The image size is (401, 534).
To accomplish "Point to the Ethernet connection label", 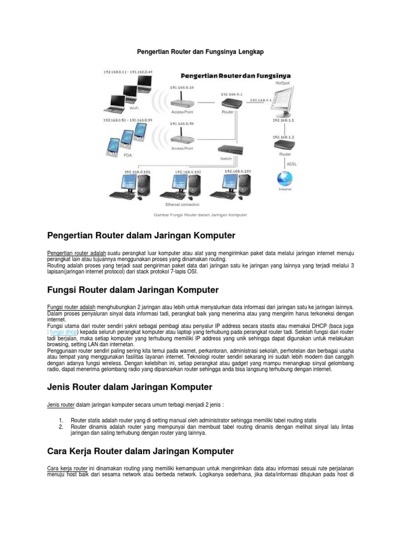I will [x=179, y=204].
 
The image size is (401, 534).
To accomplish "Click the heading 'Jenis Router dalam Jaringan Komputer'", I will [x=129, y=387].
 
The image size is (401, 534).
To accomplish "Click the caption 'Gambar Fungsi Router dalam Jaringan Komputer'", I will [x=200, y=214].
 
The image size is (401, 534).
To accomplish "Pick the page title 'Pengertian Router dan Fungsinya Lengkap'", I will [x=200, y=52].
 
